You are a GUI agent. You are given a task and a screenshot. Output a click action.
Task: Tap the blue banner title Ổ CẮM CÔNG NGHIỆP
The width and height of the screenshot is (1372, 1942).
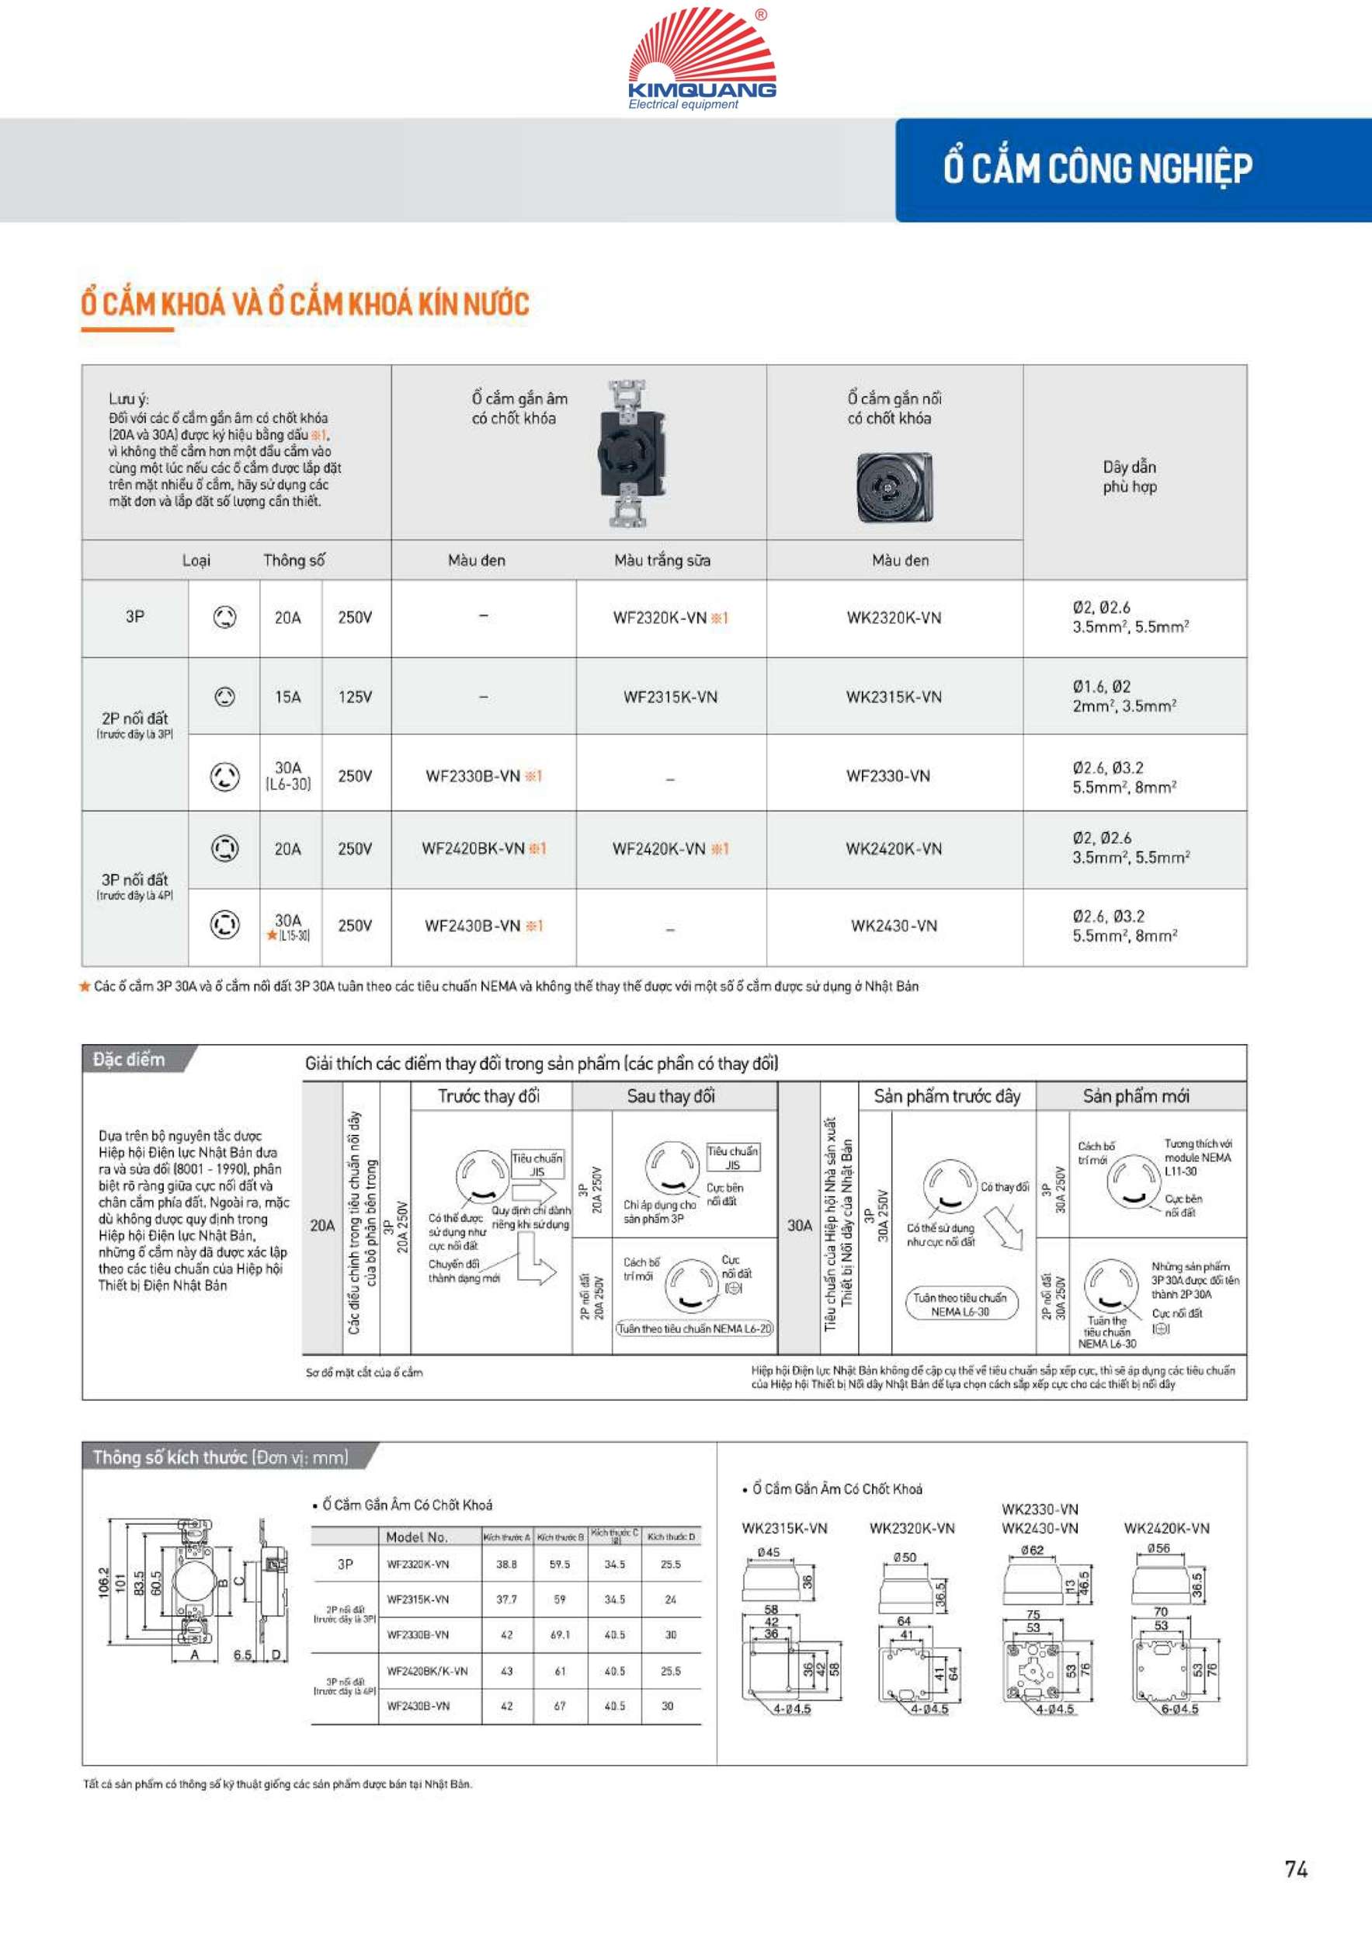coord(1097,169)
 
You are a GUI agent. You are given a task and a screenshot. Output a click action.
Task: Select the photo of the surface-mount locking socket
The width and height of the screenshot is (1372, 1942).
coord(894,486)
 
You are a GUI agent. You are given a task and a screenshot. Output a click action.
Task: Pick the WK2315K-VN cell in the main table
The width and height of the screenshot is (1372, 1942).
coord(894,697)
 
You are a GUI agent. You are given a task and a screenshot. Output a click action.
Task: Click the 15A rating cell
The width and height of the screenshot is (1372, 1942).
coord(287,697)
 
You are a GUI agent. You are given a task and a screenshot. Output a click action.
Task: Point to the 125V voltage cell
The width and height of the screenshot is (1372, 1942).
coord(355,697)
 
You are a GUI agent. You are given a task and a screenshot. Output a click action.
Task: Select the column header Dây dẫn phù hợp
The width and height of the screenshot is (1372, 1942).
coord(1130,476)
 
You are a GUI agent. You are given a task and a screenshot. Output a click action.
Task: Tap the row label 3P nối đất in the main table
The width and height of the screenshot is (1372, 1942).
coord(134,880)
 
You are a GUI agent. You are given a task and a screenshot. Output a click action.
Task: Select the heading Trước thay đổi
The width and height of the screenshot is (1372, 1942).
coord(488,1096)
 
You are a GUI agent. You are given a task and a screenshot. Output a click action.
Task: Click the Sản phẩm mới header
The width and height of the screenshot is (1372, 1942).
coord(1135,1096)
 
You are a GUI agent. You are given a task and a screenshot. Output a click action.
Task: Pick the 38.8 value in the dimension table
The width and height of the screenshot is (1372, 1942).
coord(506,1564)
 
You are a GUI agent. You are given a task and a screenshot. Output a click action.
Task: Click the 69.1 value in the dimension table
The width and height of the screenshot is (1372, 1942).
coord(560,1635)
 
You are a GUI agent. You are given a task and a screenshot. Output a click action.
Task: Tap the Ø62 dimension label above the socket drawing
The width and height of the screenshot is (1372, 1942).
coord(1031,1550)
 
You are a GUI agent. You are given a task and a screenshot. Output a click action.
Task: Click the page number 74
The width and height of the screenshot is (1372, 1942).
coord(1296,1869)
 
